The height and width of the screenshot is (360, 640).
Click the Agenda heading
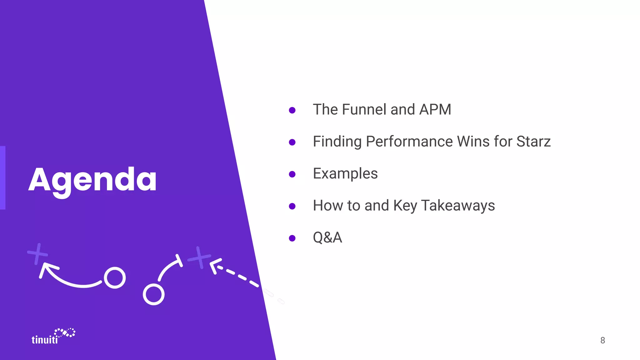click(92, 180)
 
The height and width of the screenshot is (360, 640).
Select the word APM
click(435, 110)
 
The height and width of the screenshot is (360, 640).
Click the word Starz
click(533, 142)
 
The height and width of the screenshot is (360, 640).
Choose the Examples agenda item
click(345, 174)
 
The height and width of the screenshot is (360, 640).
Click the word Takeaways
click(458, 206)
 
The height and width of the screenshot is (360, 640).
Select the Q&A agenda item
click(327, 237)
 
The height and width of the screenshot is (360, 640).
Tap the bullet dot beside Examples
click(292, 174)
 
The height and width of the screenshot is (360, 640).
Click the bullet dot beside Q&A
click(292, 238)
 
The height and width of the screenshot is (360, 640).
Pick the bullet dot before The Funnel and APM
click(292, 110)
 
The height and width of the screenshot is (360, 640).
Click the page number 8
click(602, 340)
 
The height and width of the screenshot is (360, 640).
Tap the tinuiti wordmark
click(45, 340)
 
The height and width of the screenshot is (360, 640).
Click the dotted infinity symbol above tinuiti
click(65, 332)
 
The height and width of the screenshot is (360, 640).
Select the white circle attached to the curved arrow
click(115, 278)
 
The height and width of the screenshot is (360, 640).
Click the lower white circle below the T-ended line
click(153, 294)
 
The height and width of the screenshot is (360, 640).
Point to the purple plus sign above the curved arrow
click(37, 253)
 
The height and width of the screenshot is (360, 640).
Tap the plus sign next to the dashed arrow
click(199, 257)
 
